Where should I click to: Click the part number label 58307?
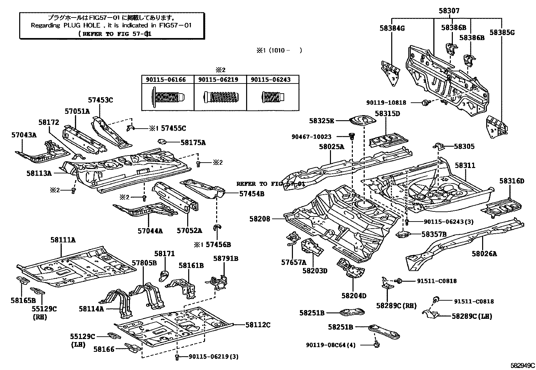click(449, 11)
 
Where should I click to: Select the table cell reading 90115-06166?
click(166, 80)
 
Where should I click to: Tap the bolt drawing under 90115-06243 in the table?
click(273, 97)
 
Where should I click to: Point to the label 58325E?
click(321, 121)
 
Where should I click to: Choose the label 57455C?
click(173, 128)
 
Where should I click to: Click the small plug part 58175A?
click(163, 142)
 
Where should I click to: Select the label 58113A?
click(39, 173)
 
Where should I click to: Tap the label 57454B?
click(252, 194)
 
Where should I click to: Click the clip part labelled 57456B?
click(217, 228)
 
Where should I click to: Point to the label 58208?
click(260, 219)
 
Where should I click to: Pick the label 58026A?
click(484, 254)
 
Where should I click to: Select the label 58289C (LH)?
click(472, 316)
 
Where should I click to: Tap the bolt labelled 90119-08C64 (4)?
click(376, 344)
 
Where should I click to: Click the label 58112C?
click(258, 325)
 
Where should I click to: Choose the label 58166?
click(104, 349)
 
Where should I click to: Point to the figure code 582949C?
click(523, 365)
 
